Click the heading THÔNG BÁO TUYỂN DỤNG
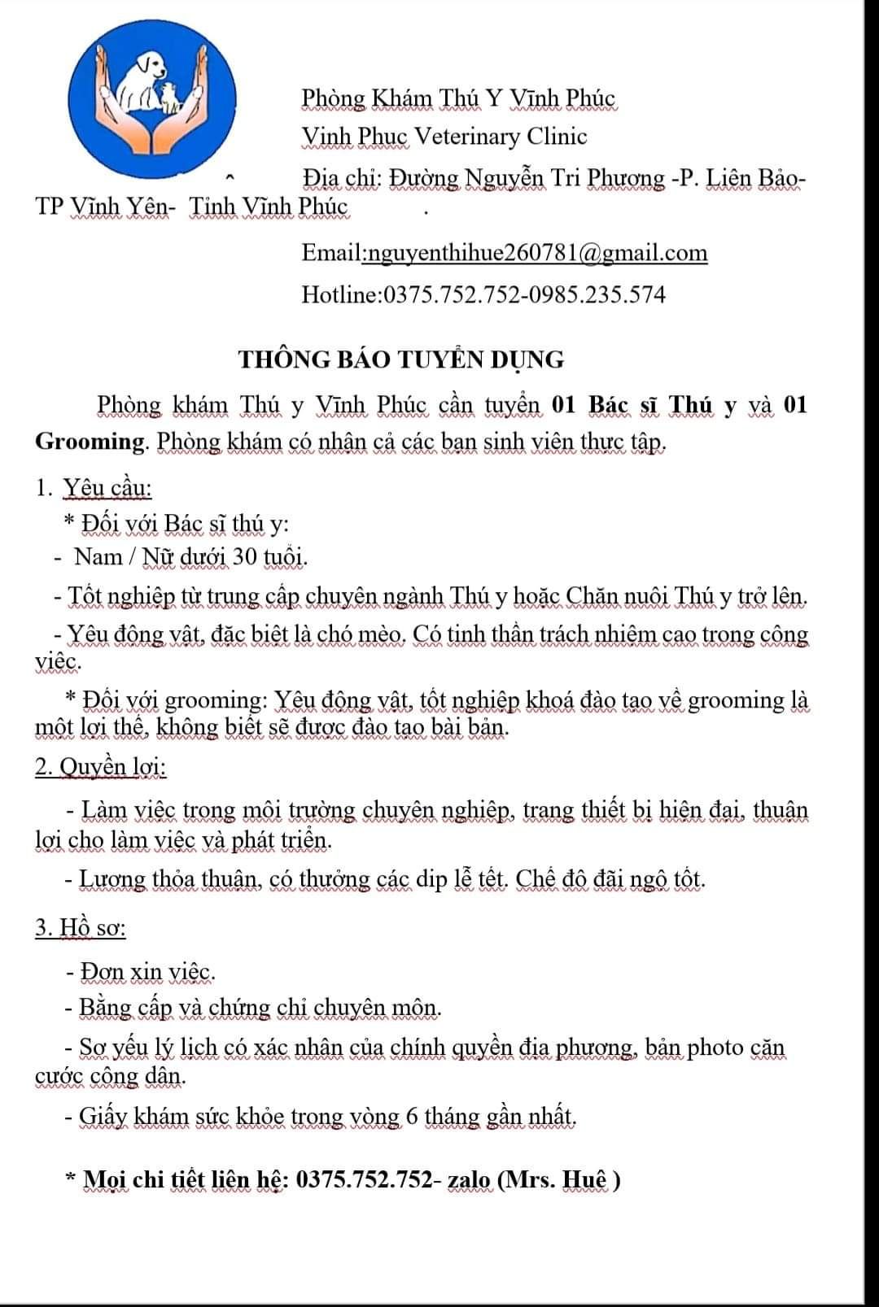tap(401, 359)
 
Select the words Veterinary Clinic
tap(501, 136)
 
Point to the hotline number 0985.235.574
tap(598, 294)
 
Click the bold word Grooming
tap(90, 441)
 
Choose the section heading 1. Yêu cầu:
tap(94, 488)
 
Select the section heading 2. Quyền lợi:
tap(101, 767)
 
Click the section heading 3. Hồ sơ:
tap(81, 927)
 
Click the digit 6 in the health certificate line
tap(412, 1116)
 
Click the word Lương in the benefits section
tap(115, 879)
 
